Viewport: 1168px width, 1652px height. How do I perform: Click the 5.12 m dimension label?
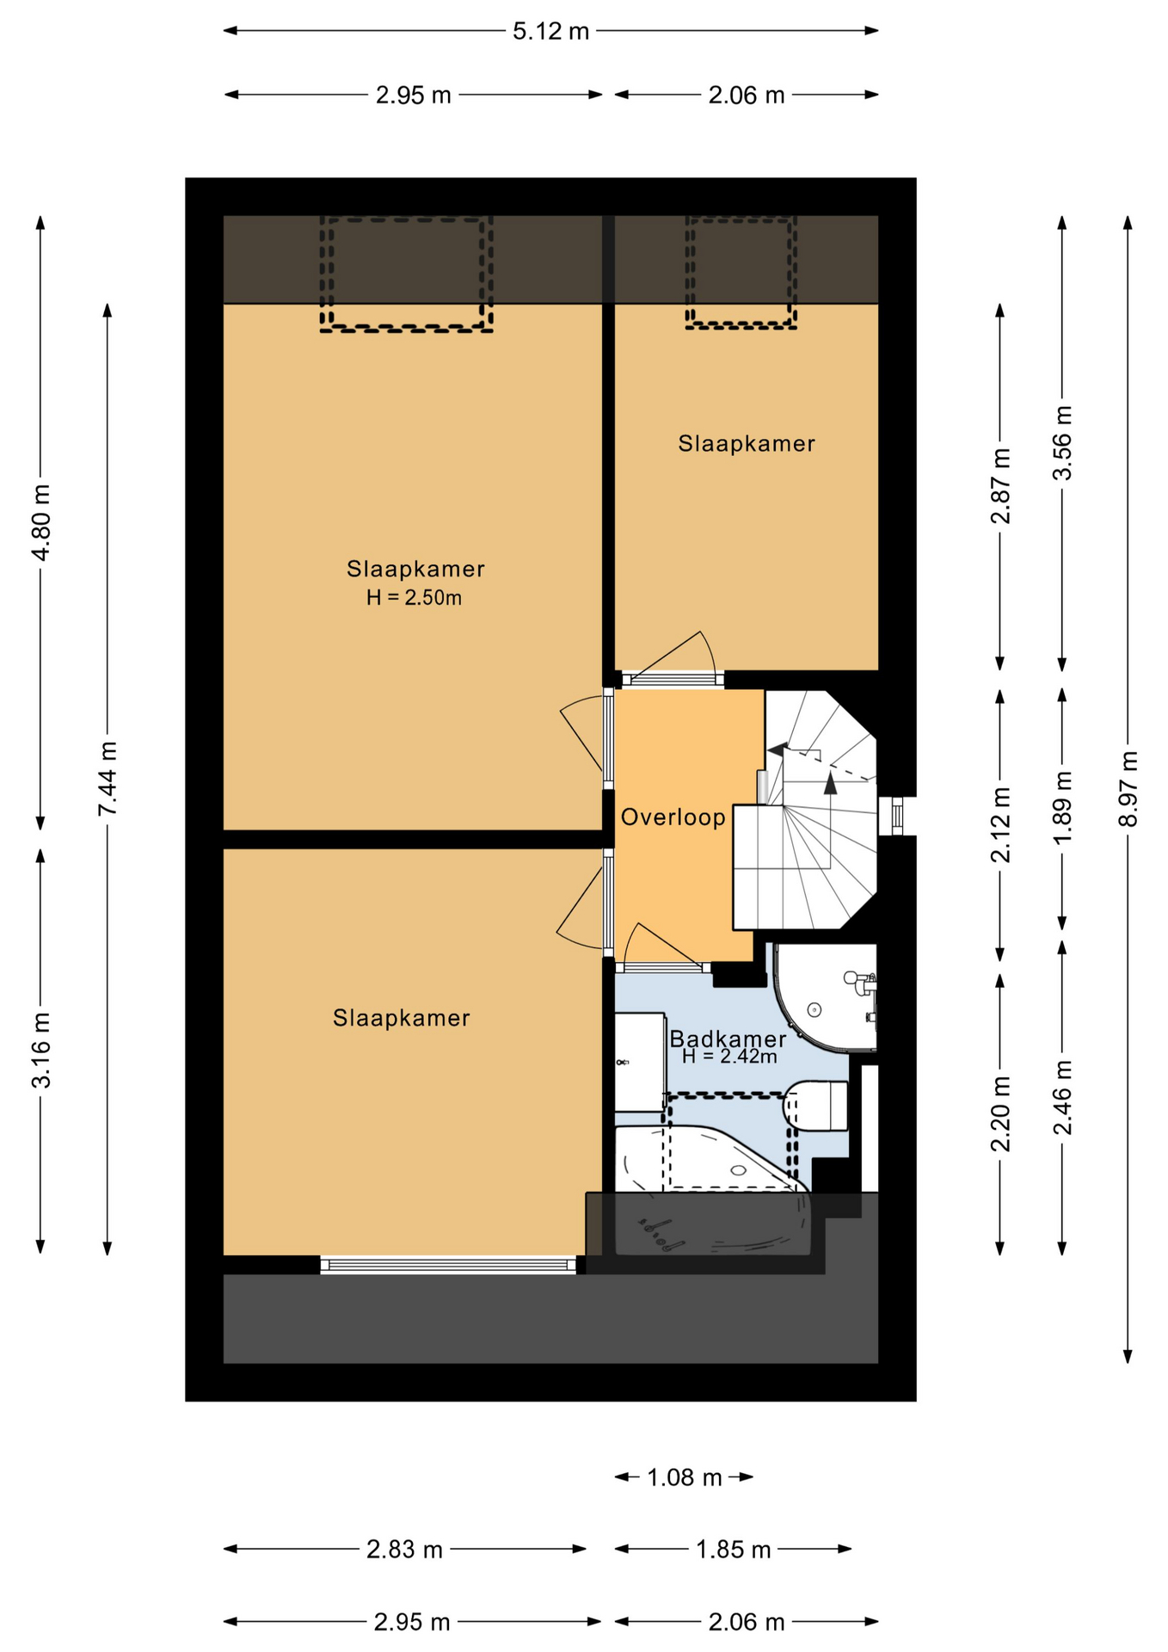[550, 31]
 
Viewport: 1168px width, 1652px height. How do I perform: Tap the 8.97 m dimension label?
[1128, 788]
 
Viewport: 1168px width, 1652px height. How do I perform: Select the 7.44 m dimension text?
[108, 778]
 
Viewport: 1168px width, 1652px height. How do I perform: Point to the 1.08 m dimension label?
[684, 1477]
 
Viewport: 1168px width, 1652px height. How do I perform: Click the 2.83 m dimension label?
[404, 1550]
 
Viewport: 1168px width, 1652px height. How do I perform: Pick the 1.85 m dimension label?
[733, 1550]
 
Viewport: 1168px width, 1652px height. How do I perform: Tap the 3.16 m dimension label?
[41, 1050]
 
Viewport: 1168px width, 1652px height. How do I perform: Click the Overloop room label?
[673, 817]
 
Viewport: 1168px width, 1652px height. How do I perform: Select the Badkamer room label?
[728, 1039]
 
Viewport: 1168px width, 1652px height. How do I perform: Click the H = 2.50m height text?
[414, 598]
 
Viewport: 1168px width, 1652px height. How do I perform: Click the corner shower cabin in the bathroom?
[826, 998]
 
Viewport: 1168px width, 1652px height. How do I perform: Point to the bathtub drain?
[738, 1170]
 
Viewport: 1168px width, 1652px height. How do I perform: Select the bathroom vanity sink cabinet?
[639, 1063]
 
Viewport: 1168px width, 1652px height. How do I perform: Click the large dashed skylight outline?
[406, 274]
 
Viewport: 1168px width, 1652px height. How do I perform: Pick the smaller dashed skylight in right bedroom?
[741, 272]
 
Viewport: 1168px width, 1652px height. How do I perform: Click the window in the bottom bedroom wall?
[448, 1265]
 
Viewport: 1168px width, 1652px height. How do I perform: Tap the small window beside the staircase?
[897, 816]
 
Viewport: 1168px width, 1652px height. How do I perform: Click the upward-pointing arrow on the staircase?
[830, 782]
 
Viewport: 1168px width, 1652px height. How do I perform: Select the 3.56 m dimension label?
[1063, 443]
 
